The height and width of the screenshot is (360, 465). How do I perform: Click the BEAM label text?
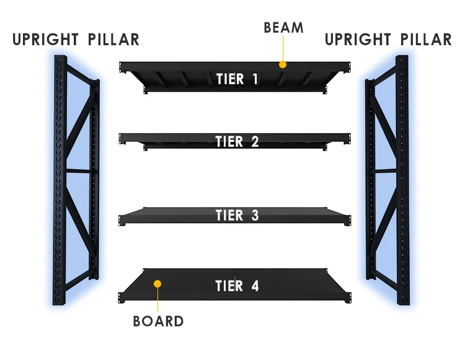tap(283, 28)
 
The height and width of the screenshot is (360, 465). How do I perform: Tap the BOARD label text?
tap(158, 322)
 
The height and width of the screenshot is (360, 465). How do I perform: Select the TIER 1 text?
tap(237, 79)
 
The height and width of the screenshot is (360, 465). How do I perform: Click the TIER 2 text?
tap(237, 141)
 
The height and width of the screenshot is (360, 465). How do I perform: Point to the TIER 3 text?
tap(237, 216)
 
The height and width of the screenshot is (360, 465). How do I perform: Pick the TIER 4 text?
tap(237, 286)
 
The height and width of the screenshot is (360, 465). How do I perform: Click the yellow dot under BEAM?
tap(282, 64)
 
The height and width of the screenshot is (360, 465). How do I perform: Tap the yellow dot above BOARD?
tap(157, 284)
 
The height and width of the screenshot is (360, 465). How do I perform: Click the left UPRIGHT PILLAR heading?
tap(76, 40)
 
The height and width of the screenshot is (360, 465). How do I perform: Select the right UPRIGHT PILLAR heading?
tap(388, 40)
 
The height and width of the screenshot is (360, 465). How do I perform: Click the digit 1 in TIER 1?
tap(255, 79)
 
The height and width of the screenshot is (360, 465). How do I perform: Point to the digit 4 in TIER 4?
tap(255, 286)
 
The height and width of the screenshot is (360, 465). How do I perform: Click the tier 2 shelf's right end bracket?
tap(349, 136)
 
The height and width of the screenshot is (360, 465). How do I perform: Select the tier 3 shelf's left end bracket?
tap(122, 220)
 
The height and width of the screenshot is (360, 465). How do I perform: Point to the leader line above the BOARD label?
tap(157, 301)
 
